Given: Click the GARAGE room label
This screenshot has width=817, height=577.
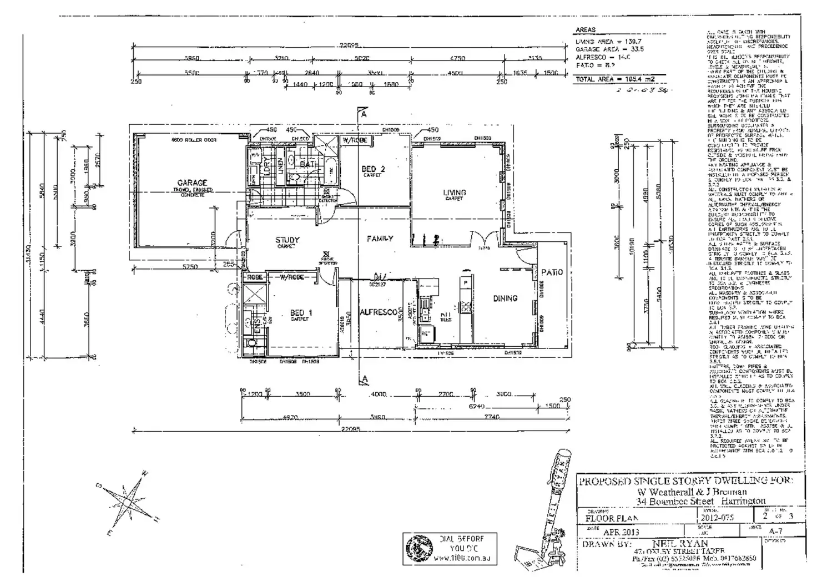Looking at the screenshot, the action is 192,183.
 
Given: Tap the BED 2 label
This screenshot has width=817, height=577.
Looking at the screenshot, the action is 373,169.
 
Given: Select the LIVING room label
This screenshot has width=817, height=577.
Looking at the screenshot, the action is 455,193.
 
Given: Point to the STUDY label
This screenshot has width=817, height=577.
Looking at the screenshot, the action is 288,240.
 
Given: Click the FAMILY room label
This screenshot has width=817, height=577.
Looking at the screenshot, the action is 380,239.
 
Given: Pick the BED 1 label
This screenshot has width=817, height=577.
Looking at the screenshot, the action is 301,313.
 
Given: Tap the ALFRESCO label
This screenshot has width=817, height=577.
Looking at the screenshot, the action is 379,312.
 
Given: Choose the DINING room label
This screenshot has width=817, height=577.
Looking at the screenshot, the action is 505,298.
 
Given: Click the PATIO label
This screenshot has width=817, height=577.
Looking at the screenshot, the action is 552,272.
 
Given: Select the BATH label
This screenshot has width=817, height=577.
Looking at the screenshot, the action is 308,165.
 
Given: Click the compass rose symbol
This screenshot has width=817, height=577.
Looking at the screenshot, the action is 125,501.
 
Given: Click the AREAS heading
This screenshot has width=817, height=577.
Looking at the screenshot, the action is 586,30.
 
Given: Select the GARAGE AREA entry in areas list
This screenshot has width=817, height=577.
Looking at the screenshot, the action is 609,49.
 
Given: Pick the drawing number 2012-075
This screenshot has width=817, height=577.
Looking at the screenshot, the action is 718,518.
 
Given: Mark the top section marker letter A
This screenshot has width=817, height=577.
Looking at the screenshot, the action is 364,114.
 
